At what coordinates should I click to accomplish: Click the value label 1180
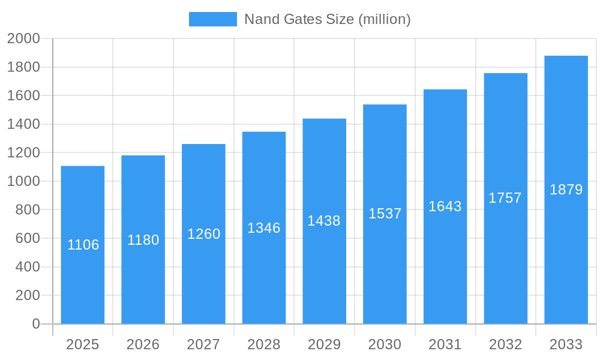pyautogui.click(x=143, y=240)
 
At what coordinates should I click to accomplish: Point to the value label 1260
pyautogui.click(x=204, y=234)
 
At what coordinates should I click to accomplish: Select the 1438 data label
pyautogui.click(x=324, y=221)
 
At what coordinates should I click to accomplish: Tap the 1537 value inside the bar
pyautogui.click(x=385, y=214)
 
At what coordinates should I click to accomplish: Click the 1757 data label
pyautogui.click(x=505, y=198)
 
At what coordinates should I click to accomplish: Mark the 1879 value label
pyautogui.click(x=566, y=190)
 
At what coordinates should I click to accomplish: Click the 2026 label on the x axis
pyautogui.click(x=143, y=344)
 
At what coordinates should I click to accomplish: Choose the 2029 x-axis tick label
pyautogui.click(x=324, y=344)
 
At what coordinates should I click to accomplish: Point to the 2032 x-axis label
pyautogui.click(x=505, y=344)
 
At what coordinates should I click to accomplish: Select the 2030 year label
pyautogui.click(x=385, y=344)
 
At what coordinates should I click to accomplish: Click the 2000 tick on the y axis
pyautogui.click(x=23, y=38)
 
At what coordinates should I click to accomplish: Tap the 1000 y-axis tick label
pyautogui.click(x=23, y=181)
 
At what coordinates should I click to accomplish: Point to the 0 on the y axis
pyautogui.click(x=36, y=324)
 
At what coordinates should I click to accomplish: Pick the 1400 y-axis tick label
pyautogui.click(x=23, y=124)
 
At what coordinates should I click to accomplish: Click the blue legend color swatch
pyautogui.click(x=213, y=19)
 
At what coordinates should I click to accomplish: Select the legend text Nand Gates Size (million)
pyautogui.click(x=327, y=19)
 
